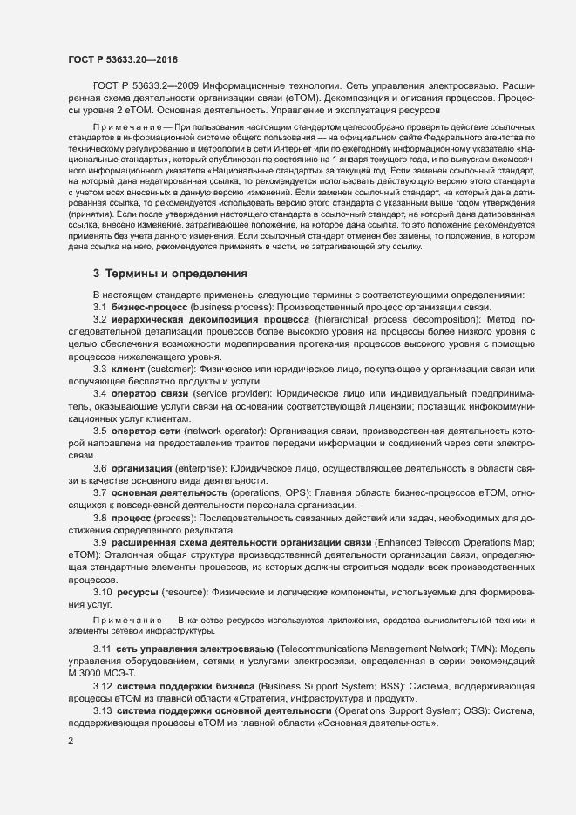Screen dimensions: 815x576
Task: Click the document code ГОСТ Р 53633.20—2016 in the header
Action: (x=123, y=58)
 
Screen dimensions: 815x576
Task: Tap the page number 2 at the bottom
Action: (x=71, y=741)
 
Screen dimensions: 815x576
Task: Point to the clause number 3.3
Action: (x=100, y=370)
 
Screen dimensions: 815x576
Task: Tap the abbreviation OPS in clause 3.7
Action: (x=299, y=493)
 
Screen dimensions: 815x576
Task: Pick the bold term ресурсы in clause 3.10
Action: (x=139, y=593)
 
